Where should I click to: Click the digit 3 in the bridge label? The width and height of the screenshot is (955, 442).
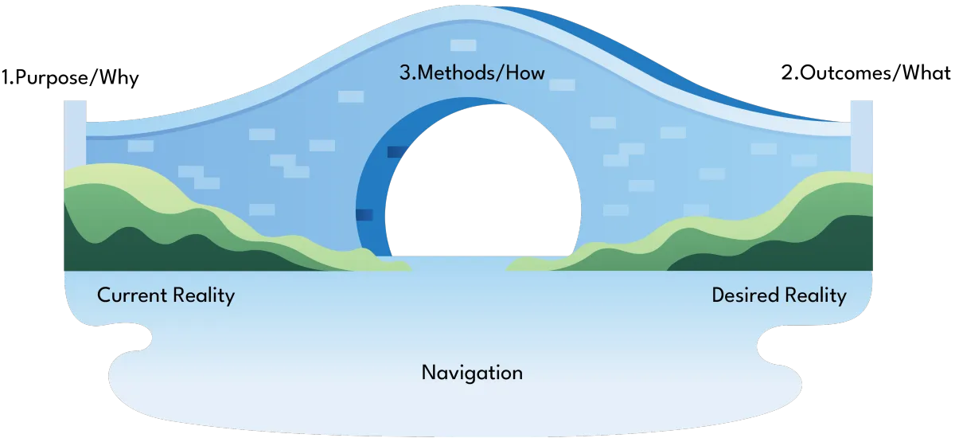(x=404, y=74)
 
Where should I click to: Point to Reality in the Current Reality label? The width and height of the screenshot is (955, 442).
(x=203, y=296)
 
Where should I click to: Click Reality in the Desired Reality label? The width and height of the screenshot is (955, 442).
(x=814, y=296)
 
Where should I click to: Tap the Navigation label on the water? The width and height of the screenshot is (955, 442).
(x=472, y=372)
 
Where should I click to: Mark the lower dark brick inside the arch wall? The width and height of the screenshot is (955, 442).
(x=364, y=214)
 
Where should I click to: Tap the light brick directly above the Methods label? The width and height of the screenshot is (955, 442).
(x=462, y=45)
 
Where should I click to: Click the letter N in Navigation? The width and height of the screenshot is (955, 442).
(x=428, y=372)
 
